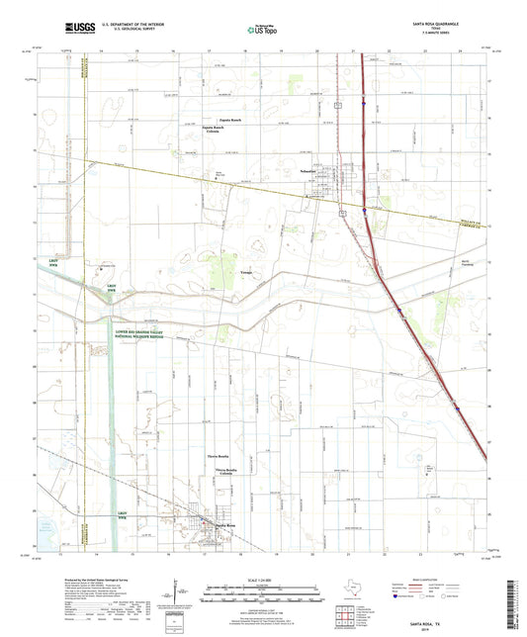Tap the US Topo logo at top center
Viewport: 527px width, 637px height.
[x=263, y=30]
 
